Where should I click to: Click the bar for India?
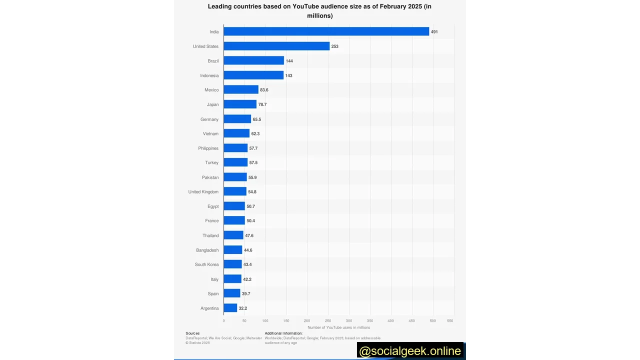point(326,31)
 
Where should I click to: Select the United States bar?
point(276,46)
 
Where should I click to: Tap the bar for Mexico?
point(241,89)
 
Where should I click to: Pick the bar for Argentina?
point(230,308)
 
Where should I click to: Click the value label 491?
point(434,32)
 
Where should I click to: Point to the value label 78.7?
point(262,104)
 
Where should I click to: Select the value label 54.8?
point(252,192)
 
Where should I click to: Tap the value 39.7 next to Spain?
point(246,294)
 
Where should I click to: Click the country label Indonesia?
point(209,75)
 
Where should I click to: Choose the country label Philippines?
point(208,148)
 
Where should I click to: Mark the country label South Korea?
point(206,264)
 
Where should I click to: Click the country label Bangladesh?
point(207,250)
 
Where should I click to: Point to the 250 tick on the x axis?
point(328,320)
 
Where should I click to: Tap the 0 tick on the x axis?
point(223,320)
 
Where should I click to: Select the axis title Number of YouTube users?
point(338,327)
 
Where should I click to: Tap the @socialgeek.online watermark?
point(410,351)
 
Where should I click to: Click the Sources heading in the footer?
point(192,333)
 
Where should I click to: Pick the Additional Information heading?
point(283,333)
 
